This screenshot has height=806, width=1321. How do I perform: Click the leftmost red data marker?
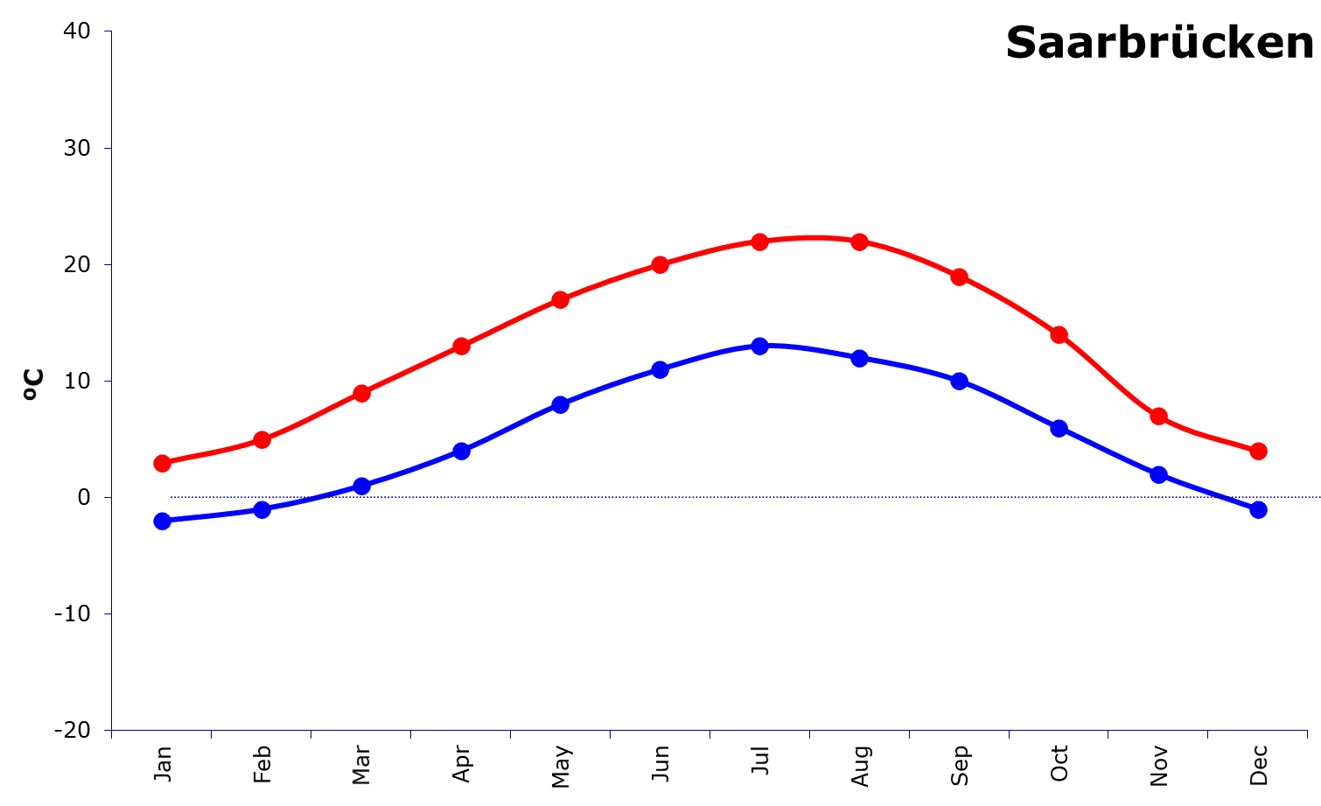point(162,463)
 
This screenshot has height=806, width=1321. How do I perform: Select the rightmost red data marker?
point(1258,451)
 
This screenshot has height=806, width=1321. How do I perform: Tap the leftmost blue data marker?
point(162,521)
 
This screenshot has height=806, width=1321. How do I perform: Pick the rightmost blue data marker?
point(1258,509)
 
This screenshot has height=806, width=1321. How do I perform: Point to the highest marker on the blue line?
point(760,346)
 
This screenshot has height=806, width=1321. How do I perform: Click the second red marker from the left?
point(262,439)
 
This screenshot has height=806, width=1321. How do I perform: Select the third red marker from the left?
point(361,393)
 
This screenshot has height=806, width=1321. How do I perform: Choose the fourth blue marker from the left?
point(461,451)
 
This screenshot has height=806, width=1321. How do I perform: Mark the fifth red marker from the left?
point(561,299)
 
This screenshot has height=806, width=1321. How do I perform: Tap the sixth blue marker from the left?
point(660,369)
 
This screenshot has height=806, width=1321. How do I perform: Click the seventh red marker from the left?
point(760,242)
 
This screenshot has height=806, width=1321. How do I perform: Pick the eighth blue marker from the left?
point(860,358)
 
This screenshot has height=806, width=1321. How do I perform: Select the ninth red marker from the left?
point(960,277)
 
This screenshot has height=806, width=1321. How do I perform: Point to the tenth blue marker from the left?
point(1059,428)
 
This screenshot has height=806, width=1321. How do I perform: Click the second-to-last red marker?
point(1159,416)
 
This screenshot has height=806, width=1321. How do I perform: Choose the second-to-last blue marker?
point(1159,474)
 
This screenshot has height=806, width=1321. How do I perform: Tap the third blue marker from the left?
point(361,486)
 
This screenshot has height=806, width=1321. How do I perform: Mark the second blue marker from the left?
point(262,509)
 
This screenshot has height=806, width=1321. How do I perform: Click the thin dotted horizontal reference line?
point(700,497)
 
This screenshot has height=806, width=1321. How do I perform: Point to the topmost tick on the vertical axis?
point(108,32)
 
